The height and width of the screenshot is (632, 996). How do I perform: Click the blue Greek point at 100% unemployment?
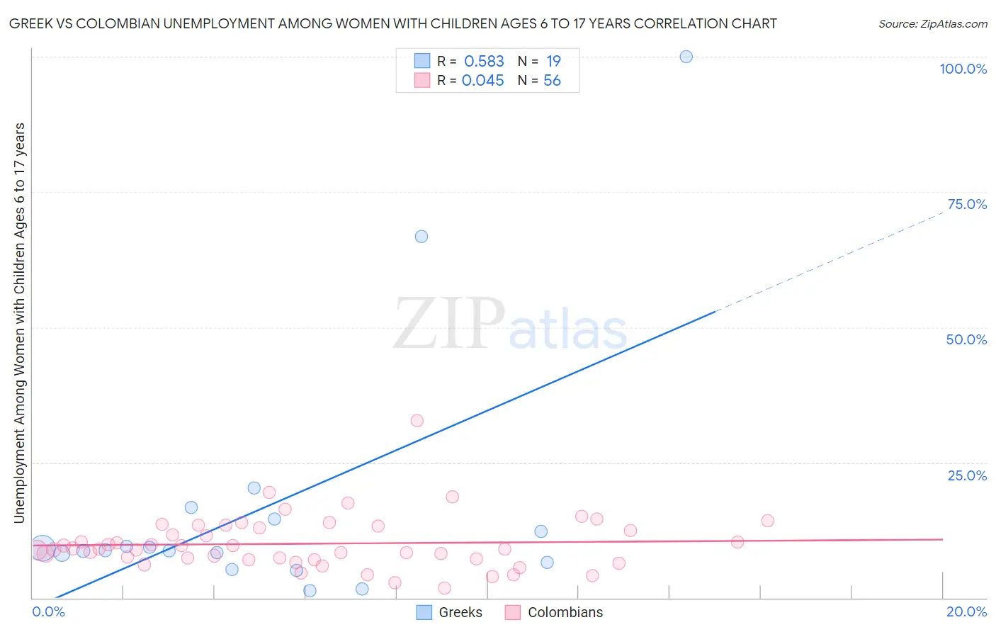(686, 57)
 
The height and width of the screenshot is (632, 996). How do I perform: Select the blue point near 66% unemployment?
(421, 237)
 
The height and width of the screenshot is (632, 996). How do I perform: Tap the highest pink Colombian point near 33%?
(417, 421)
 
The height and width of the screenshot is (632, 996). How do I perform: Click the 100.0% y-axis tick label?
(963, 69)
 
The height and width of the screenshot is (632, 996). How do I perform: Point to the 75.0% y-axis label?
(967, 204)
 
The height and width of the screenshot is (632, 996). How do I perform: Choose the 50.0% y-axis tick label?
(966, 339)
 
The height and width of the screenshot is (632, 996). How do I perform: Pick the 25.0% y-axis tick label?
(967, 475)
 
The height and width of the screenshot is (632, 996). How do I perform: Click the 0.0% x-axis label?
(48, 611)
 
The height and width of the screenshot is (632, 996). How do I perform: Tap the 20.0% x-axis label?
(966, 611)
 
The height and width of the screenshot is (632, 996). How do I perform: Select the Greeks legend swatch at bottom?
(424, 612)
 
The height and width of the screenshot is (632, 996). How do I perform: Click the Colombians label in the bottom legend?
(565, 612)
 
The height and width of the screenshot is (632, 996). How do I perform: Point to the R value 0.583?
(484, 62)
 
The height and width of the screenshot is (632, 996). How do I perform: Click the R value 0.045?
(482, 81)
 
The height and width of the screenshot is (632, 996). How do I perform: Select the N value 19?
(553, 62)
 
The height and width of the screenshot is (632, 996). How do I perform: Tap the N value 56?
(552, 81)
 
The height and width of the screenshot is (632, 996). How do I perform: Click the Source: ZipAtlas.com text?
(932, 24)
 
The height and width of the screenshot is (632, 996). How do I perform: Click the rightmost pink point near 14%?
(767, 521)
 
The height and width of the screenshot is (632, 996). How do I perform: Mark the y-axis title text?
(19, 323)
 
